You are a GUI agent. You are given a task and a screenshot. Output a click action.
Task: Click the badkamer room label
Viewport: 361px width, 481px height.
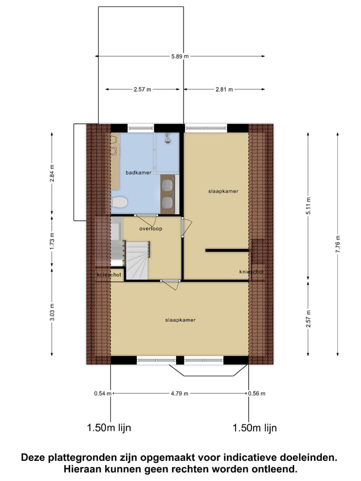click(x=138, y=173)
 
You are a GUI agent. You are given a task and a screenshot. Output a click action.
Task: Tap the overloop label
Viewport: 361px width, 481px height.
click(x=150, y=228)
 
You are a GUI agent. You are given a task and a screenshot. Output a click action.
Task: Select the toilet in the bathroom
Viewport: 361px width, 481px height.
click(x=119, y=203)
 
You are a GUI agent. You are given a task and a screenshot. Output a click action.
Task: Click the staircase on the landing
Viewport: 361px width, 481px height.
click(x=137, y=259)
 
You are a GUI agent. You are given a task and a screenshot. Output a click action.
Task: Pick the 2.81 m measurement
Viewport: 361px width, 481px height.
click(x=224, y=90)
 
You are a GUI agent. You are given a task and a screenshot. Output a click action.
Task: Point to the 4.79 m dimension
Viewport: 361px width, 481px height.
click(x=179, y=394)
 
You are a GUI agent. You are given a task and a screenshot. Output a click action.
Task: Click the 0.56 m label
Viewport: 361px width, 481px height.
click(x=256, y=394)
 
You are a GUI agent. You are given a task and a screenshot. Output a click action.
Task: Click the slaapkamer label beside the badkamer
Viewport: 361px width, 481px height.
click(x=223, y=191)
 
